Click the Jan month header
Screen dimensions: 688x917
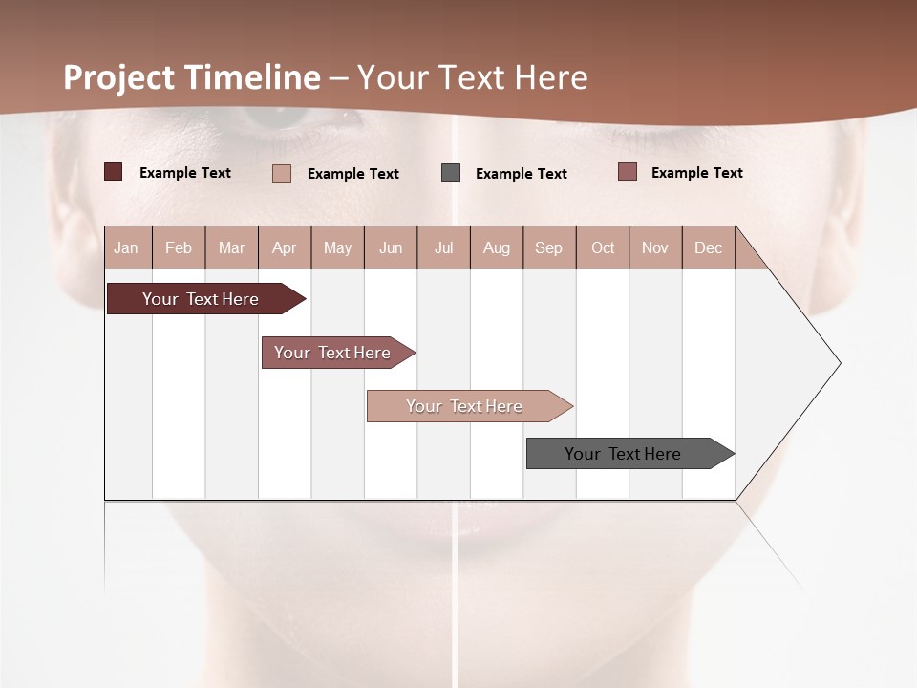point(127,247)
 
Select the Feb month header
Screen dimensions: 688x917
point(179,247)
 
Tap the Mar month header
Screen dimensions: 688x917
point(231,247)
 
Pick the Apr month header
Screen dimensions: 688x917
point(285,247)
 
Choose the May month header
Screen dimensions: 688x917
point(337,247)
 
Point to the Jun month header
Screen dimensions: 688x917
point(391,247)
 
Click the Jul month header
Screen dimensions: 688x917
point(443,247)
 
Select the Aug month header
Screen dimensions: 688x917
point(497,247)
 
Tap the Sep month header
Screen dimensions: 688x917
point(549,247)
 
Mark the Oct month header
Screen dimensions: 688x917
point(603,247)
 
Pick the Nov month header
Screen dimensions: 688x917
point(655,247)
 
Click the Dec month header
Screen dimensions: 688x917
point(709,247)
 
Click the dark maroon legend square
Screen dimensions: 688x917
point(113,172)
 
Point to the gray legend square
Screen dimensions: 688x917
point(451,173)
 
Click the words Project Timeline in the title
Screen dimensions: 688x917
point(192,77)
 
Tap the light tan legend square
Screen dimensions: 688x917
point(282,173)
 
